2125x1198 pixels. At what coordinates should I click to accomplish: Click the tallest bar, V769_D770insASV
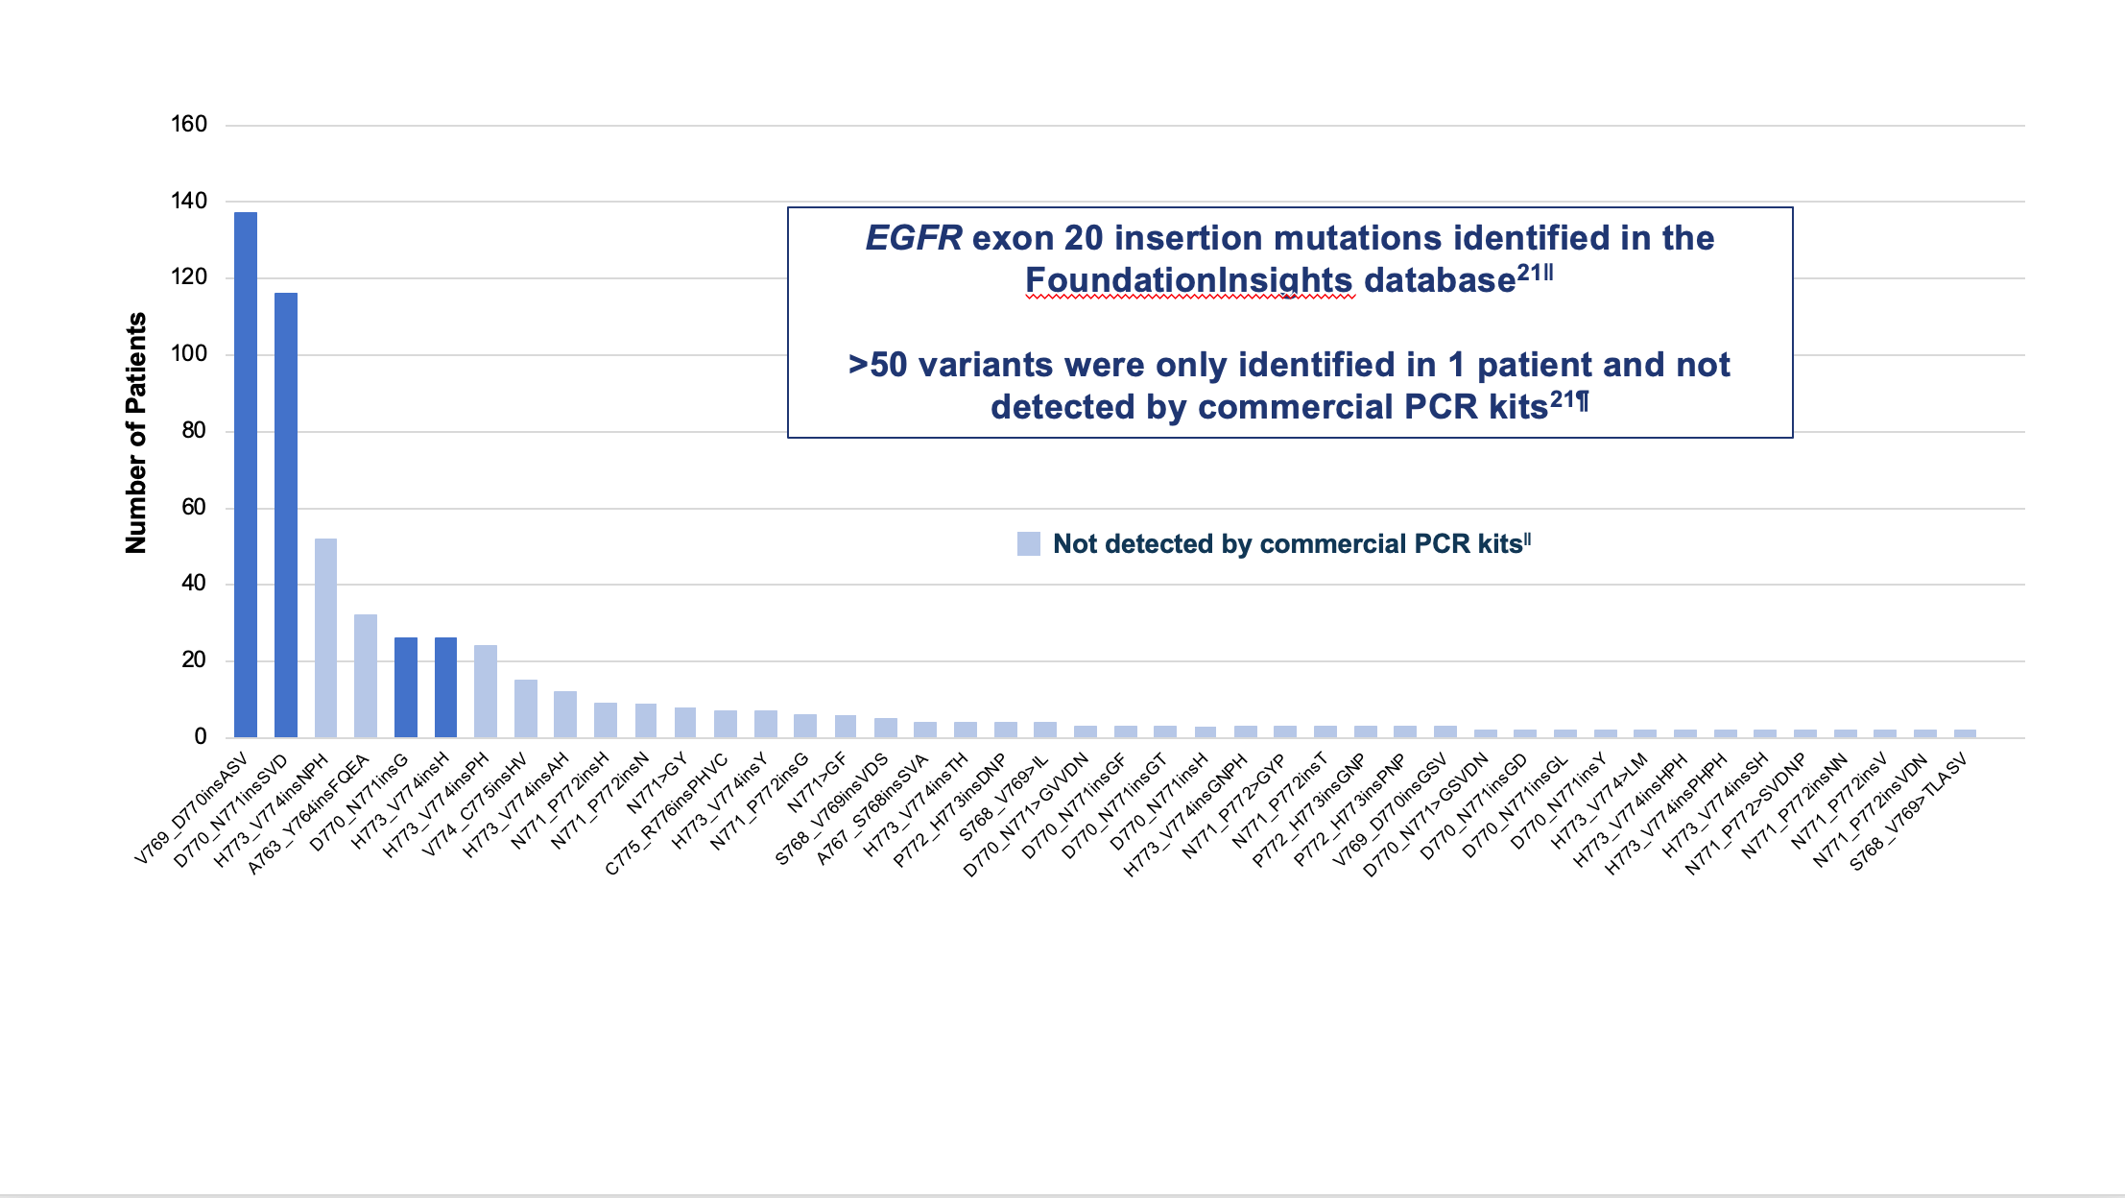(x=246, y=474)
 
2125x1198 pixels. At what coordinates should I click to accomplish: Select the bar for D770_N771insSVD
(x=286, y=515)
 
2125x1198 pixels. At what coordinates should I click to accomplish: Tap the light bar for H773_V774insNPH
(x=326, y=637)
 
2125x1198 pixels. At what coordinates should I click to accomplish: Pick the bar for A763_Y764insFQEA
(x=366, y=676)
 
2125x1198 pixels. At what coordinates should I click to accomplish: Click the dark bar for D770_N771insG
(x=406, y=687)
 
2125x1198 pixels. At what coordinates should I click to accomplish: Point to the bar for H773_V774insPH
(x=486, y=691)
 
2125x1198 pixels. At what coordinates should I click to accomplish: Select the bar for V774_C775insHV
(x=526, y=708)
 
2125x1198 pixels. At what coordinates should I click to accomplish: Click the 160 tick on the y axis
(x=189, y=124)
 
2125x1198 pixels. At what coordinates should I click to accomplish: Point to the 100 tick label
(x=189, y=353)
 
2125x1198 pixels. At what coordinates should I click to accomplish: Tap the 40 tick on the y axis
(x=194, y=583)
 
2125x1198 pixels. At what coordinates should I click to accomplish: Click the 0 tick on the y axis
(x=201, y=736)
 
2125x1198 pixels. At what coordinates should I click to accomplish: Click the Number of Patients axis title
(x=136, y=432)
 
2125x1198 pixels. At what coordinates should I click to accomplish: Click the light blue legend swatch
(x=1028, y=543)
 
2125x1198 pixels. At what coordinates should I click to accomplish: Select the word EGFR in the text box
(x=913, y=238)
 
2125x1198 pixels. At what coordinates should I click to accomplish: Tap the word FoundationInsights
(x=1188, y=280)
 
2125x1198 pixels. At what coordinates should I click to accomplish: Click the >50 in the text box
(x=877, y=365)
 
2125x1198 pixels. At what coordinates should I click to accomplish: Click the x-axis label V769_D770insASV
(x=191, y=809)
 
